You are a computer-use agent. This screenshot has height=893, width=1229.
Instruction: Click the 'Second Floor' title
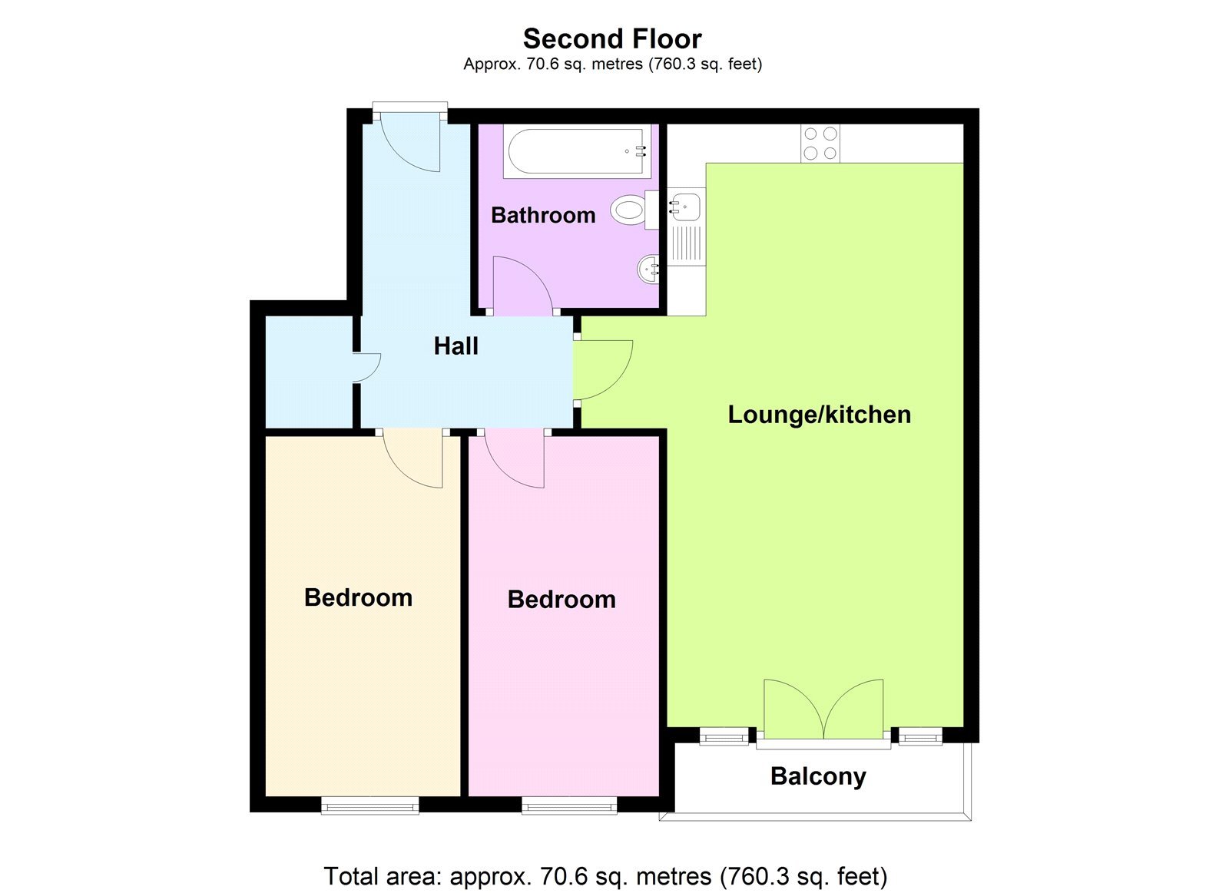coord(612,38)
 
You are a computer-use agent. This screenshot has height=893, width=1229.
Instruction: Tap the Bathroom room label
coord(543,215)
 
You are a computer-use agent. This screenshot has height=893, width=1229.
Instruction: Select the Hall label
coord(455,346)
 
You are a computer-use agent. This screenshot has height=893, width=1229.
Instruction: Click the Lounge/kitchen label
coord(819,415)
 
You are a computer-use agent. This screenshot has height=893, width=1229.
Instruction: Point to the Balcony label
coord(818,776)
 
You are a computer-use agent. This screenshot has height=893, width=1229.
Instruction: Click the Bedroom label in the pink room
coord(561,600)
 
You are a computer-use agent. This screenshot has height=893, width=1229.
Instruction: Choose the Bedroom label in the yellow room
coord(358,597)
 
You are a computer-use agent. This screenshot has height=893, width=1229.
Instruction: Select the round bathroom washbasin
coord(649,269)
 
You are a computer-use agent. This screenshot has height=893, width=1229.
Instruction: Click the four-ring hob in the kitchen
coord(820,144)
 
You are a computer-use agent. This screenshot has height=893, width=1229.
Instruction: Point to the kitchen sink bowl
coord(684,207)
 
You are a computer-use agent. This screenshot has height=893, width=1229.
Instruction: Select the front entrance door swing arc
coord(415,146)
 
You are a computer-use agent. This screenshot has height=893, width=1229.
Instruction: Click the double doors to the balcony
coord(823,708)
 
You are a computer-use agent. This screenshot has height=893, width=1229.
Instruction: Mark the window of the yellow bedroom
coord(369,805)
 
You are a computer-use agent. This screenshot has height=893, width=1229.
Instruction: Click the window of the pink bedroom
coord(569,805)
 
